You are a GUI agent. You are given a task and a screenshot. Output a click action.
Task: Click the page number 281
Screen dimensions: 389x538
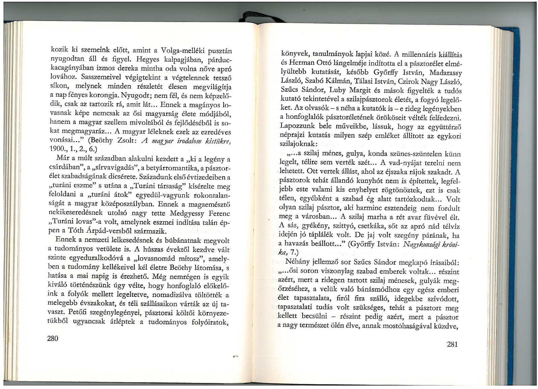452,344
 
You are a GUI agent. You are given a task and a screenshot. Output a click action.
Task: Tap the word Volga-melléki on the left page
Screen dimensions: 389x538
181,51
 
